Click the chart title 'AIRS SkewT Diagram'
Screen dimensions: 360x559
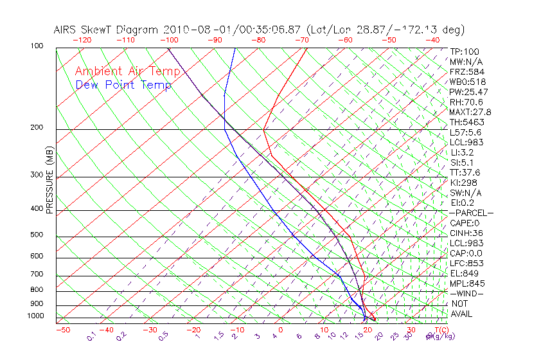point(107,30)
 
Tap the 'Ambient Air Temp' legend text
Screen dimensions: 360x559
point(127,71)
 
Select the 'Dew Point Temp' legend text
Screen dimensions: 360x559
point(123,85)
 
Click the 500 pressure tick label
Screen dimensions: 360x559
point(37,235)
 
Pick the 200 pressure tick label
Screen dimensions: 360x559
point(37,127)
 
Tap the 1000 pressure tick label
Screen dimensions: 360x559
point(35,316)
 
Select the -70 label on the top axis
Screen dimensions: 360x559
point(301,40)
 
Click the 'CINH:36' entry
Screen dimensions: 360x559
point(466,233)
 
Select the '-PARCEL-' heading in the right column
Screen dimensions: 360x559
point(471,213)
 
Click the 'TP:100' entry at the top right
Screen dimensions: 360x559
point(464,51)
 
